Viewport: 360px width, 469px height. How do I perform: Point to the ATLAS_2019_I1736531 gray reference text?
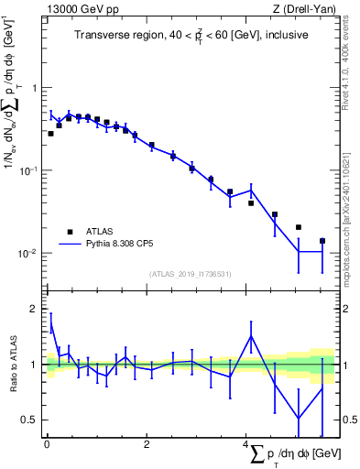(x=191, y=274)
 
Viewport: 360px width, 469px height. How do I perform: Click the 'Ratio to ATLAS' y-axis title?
(x=14, y=364)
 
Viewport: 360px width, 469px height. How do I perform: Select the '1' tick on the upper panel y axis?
(x=35, y=89)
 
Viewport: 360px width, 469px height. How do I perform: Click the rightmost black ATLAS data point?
(x=322, y=241)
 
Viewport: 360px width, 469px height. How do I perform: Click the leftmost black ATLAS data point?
(x=50, y=134)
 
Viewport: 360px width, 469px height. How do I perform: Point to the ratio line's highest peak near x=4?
(x=251, y=336)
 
